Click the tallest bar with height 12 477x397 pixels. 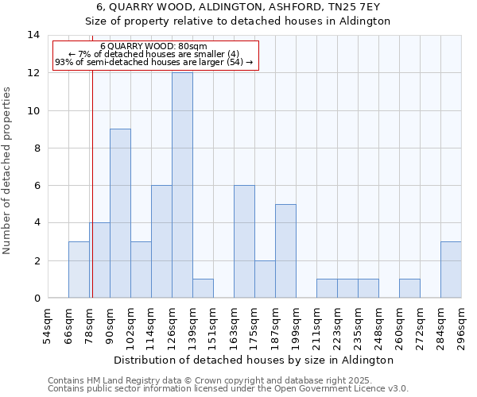(x=182, y=185)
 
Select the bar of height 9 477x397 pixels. (x=120, y=213)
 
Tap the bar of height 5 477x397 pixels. (x=285, y=251)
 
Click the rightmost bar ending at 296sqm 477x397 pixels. (x=451, y=270)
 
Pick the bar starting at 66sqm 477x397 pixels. (x=79, y=270)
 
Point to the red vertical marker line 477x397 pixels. (x=92, y=183)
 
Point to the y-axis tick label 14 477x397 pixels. (x=33, y=35)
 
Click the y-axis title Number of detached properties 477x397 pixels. (x=8, y=171)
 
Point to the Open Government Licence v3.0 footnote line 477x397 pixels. (x=228, y=389)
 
